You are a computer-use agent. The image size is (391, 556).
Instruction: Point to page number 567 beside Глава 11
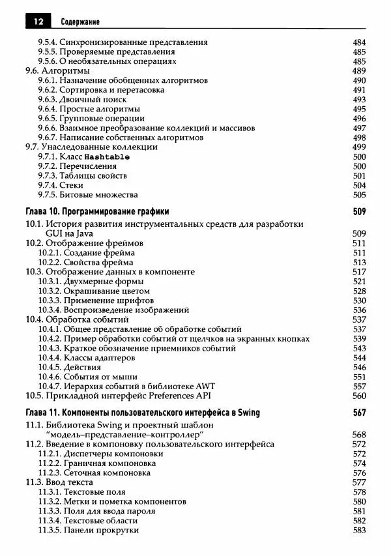click(x=358, y=413)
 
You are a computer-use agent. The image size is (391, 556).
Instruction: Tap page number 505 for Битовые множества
click(x=359, y=194)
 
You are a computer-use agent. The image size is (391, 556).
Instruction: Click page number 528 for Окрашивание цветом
click(x=359, y=291)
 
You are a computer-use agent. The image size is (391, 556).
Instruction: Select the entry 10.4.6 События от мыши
click(x=87, y=377)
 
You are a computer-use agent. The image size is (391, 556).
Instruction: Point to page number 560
click(x=359, y=396)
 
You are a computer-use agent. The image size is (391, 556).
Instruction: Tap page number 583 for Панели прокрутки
click(x=359, y=530)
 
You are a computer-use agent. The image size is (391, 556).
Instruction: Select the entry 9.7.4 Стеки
click(x=65, y=185)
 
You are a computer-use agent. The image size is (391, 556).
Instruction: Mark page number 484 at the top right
click(x=359, y=42)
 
